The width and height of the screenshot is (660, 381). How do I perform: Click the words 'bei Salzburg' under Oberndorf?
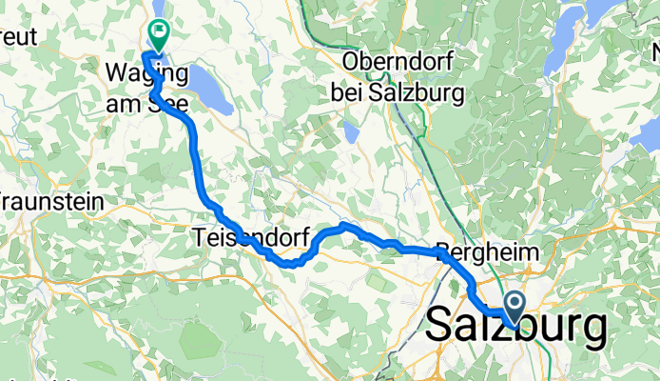coord(397,92)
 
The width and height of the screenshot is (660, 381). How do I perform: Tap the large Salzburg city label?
coord(516,328)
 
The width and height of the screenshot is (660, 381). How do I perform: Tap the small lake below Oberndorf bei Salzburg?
coord(350,130)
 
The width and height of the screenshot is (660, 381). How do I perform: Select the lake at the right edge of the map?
coord(648,133)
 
